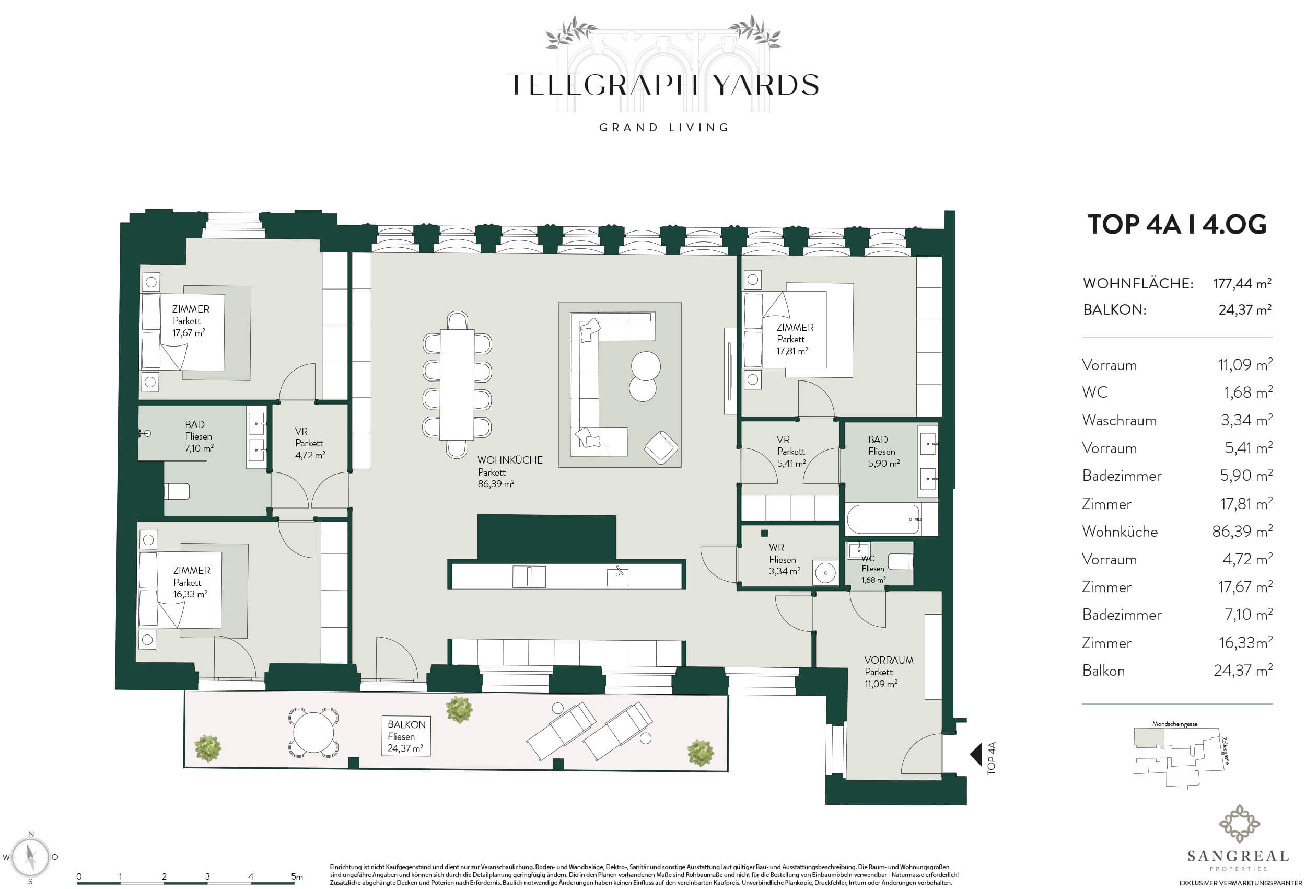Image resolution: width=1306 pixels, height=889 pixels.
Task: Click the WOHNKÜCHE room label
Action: [510, 460]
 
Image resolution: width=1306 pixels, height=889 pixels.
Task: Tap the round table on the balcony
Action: [313, 732]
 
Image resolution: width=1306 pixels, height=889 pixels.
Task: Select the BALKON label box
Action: [406, 736]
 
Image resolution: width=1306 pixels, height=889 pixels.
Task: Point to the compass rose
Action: [31, 857]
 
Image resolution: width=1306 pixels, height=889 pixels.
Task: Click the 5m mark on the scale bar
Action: [297, 876]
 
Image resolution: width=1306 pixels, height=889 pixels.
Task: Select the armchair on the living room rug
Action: [661, 447]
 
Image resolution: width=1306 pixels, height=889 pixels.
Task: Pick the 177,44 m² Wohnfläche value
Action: [1242, 283]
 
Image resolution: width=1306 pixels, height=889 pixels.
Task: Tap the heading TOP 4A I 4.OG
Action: [1177, 224]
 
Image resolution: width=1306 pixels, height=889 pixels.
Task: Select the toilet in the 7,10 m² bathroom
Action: [178, 491]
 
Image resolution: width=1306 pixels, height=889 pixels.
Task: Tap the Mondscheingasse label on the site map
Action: [1174, 724]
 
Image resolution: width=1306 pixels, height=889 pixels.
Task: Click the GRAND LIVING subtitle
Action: [663, 128]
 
